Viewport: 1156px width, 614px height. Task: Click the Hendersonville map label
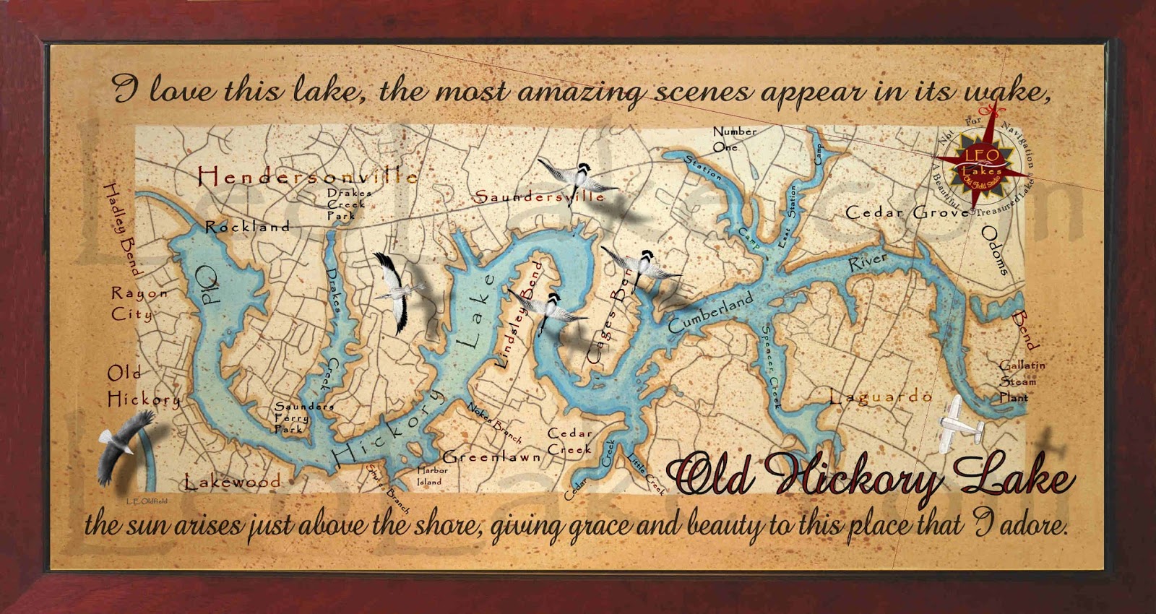click(x=307, y=176)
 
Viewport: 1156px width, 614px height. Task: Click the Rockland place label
click(x=248, y=227)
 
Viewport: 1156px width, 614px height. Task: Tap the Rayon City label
click(x=137, y=303)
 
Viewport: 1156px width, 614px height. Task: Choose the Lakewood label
click(x=232, y=481)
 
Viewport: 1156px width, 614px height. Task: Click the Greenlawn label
click(x=491, y=457)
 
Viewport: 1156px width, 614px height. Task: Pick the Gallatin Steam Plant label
click(x=1022, y=381)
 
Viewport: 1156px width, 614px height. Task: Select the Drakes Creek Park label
click(x=349, y=204)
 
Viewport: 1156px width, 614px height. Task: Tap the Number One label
click(x=734, y=138)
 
